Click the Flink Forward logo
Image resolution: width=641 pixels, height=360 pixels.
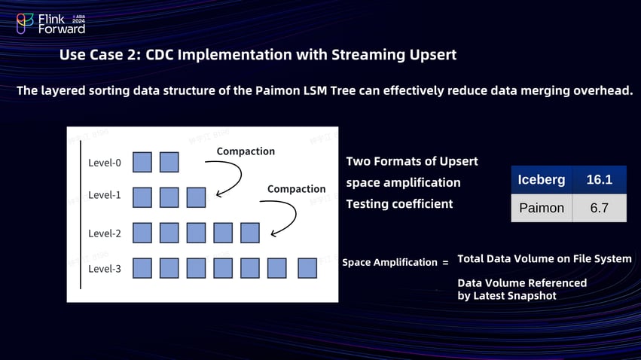pyautogui.click(x=51, y=23)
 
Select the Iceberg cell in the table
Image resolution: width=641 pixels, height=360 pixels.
pyautogui.click(x=542, y=181)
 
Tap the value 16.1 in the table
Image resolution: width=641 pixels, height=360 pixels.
pyautogui.click(x=600, y=181)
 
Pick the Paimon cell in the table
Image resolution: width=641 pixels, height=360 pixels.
pyautogui.click(x=542, y=208)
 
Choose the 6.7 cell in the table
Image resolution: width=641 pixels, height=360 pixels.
pyautogui.click(x=600, y=208)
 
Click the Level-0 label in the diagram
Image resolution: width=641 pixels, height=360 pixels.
pyautogui.click(x=105, y=163)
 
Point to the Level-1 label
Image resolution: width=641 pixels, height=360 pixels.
pyautogui.click(x=105, y=195)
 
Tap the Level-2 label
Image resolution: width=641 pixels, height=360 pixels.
pyautogui.click(x=105, y=233)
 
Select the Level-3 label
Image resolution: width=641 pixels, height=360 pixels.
pyautogui.click(x=105, y=269)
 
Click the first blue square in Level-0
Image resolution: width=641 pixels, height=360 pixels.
pyautogui.click(x=142, y=162)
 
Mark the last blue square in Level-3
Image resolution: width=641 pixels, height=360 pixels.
pyautogui.click(x=307, y=268)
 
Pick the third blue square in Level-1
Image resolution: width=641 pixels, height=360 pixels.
pyautogui.click(x=196, y=197)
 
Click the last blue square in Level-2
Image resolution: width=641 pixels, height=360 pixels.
pyautogui.click(x=250, y=233)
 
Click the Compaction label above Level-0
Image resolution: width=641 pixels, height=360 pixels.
pyautogui.click(x=246, y=151)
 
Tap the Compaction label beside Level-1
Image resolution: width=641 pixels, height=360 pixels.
pyautogui.click(x=296, y=189)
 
